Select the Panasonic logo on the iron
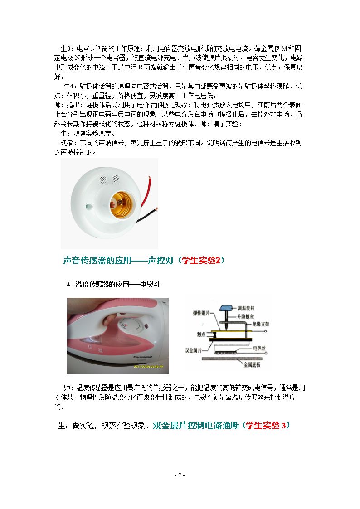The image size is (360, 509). click(142, 357)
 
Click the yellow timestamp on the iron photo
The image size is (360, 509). click(149, 367)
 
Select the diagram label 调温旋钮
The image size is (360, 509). click(246, 308)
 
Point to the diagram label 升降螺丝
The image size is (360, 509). click(245, 316)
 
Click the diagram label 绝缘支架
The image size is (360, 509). click(261, 324)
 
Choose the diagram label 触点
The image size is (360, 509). click(201, 334)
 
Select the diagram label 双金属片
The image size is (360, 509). click(194, 350)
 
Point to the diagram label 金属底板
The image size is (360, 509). click(252, 364)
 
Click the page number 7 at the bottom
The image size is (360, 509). click(180, 475)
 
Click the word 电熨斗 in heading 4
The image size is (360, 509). click(150, 284)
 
